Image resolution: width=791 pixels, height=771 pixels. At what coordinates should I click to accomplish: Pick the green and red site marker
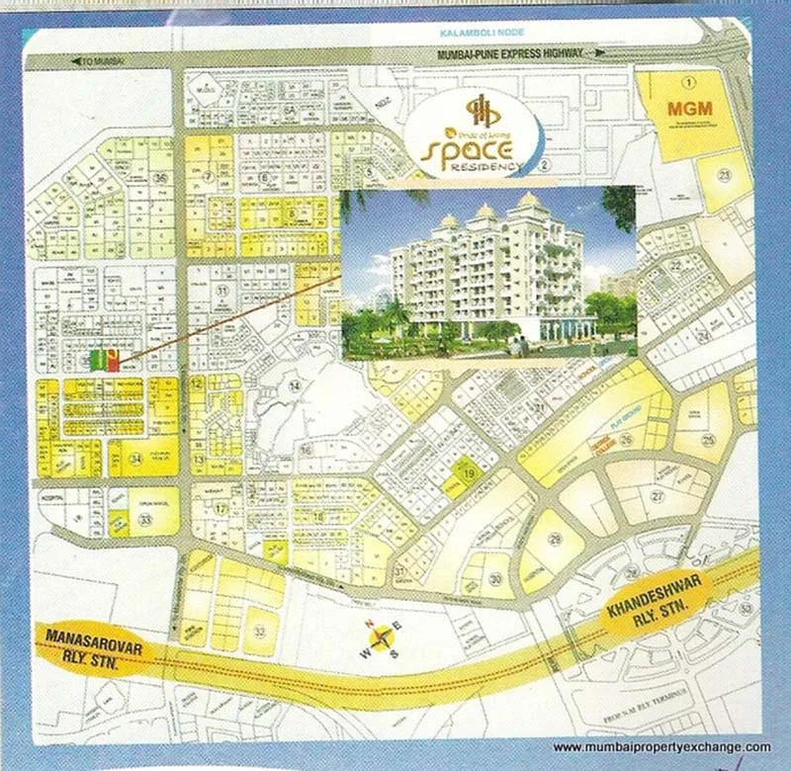[x=104, y=360]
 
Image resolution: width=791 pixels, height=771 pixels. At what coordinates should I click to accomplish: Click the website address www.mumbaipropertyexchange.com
[x=660, y=747]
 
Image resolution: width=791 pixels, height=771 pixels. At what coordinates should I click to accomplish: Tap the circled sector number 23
[x=724, y=176]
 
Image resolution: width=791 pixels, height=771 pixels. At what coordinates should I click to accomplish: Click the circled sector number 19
[x=471, y=475]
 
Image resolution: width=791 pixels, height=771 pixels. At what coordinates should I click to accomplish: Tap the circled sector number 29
[x=555, y=539]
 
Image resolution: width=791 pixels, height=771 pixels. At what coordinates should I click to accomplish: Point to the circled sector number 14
[x=294, y=385]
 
